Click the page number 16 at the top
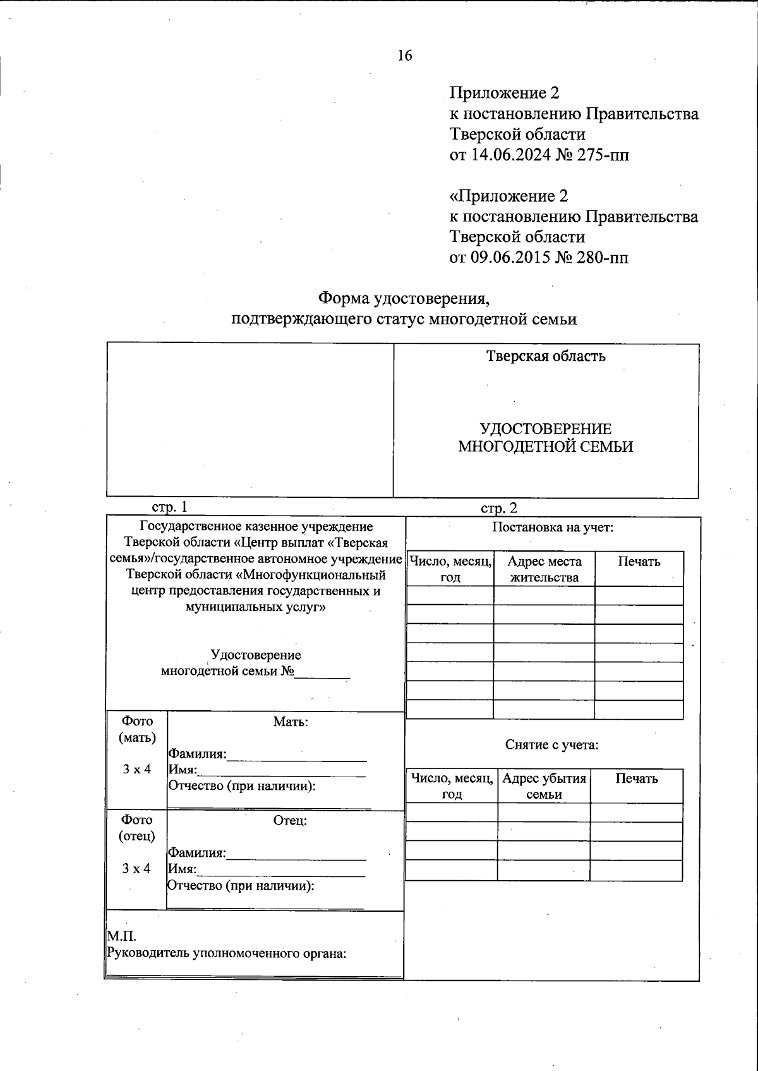pos(404,56)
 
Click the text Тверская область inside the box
pos(546,356)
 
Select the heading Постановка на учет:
pos(553,528)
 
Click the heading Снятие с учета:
pos(551,745)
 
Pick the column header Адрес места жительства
pos(544,569)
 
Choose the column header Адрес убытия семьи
pos(544,787)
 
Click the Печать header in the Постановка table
pos(639,562)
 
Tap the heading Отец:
pos(290,821)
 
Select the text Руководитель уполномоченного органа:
pos(227,953)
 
